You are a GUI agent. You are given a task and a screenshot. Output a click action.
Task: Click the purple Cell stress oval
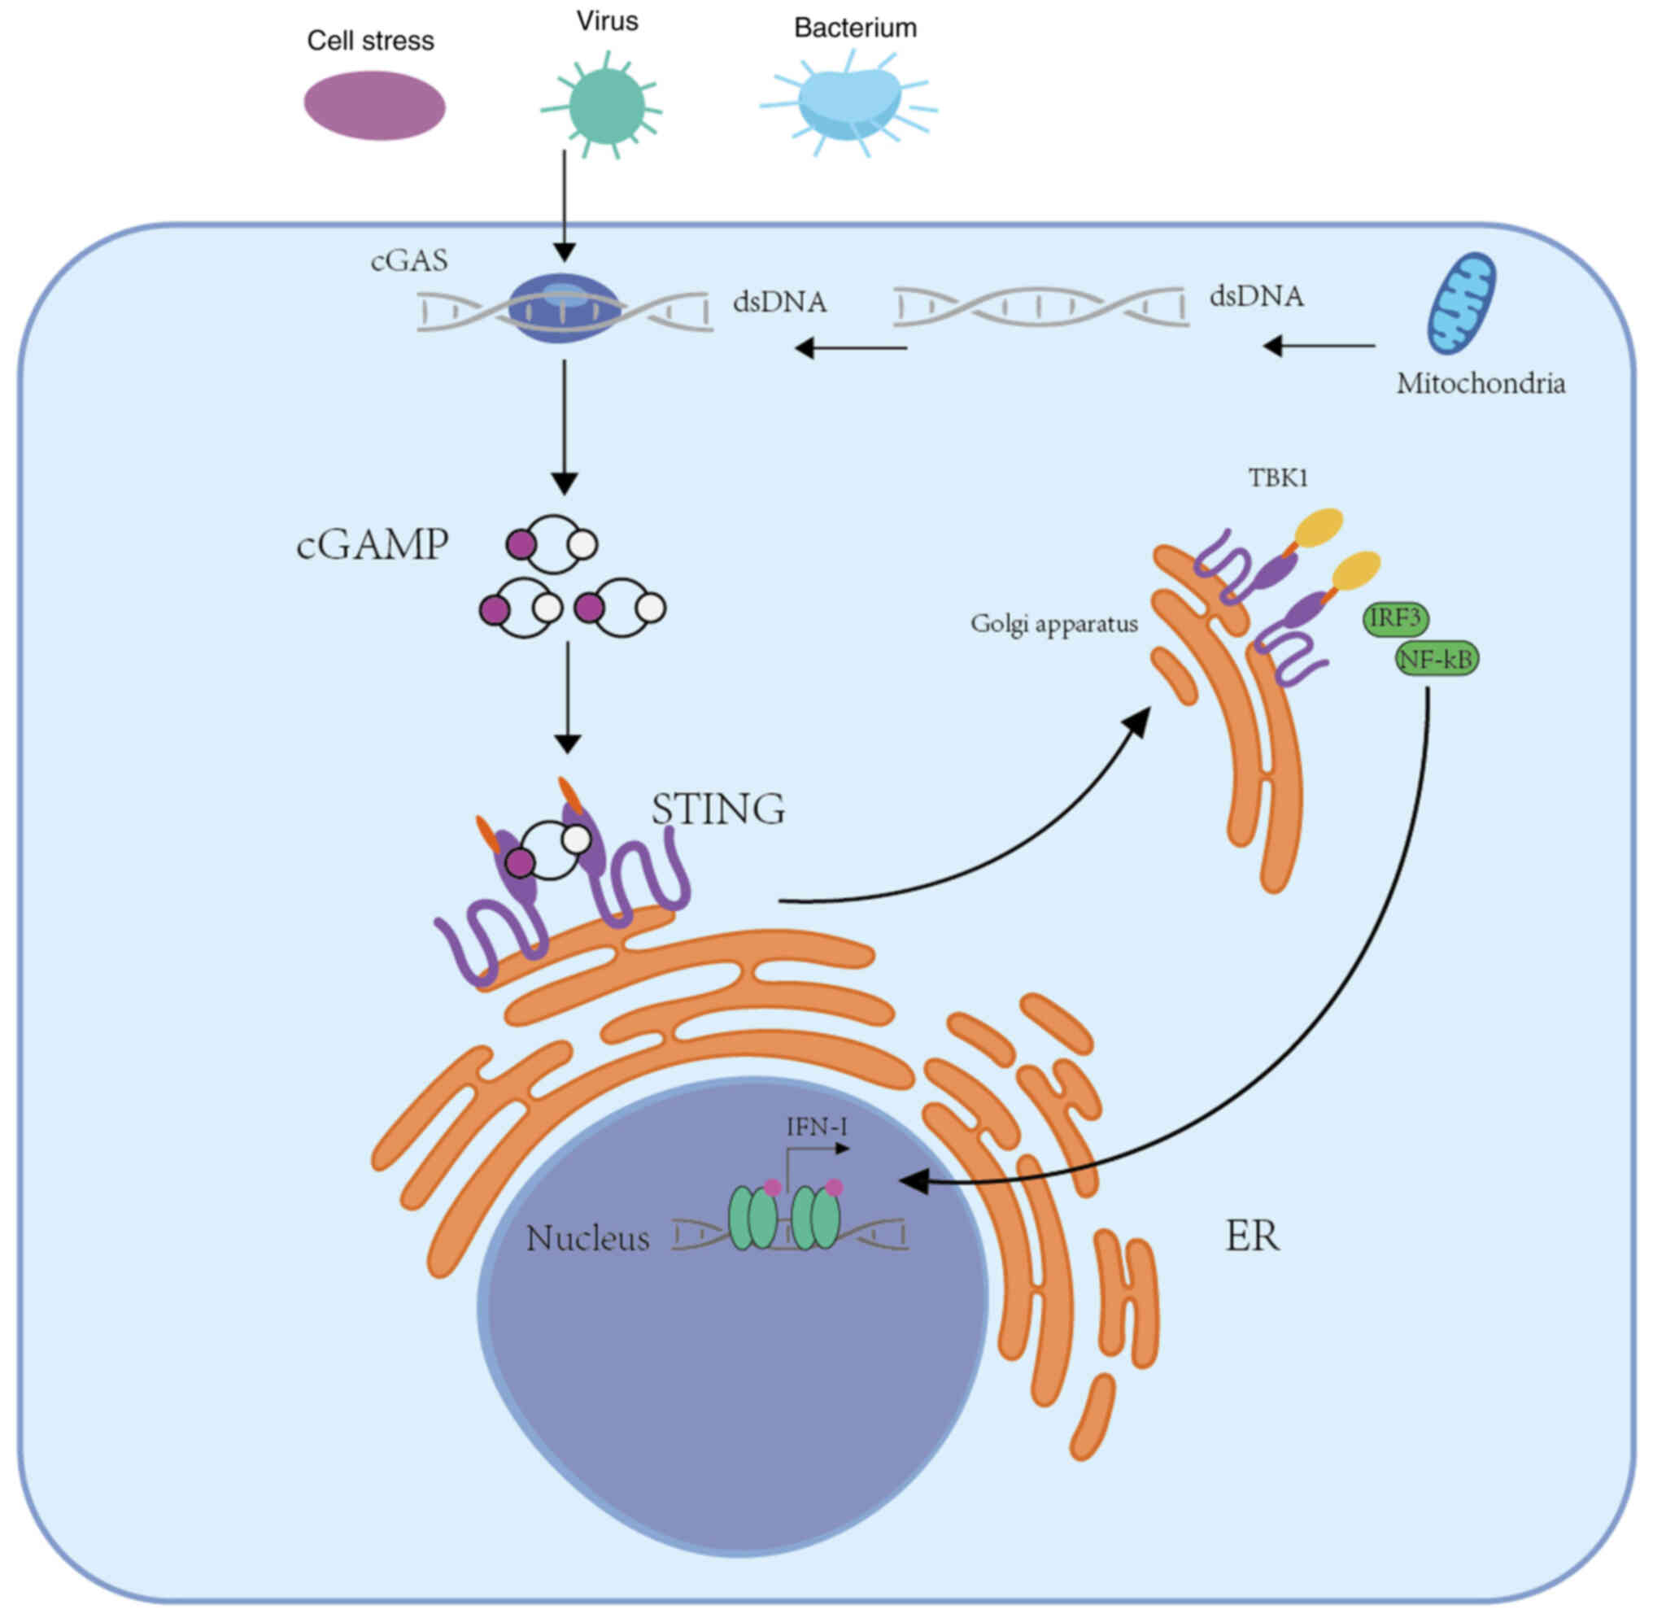(375, 106)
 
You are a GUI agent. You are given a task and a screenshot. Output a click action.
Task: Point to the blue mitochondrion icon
(1461, 303)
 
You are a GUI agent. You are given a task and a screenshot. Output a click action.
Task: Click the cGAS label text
(409, 260)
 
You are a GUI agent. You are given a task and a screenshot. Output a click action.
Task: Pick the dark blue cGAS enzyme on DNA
(565, 307)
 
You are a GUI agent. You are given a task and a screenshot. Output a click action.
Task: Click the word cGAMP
(373, 545)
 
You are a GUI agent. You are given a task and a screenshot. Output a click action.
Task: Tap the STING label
(718, 809)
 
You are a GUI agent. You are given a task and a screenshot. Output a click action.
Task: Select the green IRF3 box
(1395, 617)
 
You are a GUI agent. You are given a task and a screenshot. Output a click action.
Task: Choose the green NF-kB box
(1437, 659)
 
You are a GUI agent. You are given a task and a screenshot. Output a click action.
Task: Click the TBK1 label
(1277, 478)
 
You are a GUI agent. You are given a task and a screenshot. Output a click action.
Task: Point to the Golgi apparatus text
(1053, 624)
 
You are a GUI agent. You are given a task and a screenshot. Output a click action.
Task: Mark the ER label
(1252, 1236)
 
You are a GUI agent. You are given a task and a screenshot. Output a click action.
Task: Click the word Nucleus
(587, 1238)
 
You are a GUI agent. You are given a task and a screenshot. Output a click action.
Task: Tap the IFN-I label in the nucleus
(817, 1127)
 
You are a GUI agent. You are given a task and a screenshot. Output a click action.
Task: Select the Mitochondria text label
(1481, 383)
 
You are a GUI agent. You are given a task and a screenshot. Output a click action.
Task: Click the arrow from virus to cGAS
(565, 204)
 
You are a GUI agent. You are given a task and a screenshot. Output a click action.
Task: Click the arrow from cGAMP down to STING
(567, 697)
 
